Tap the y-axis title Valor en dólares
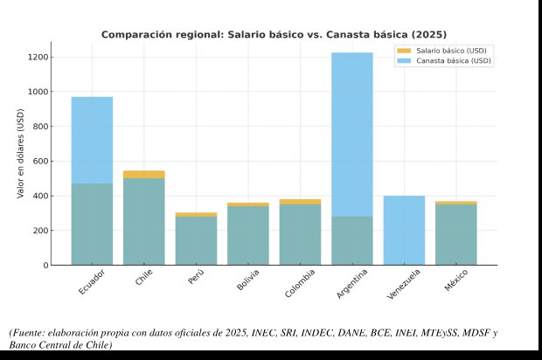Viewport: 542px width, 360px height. (x=20, y=153)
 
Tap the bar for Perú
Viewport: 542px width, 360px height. (x=196, y=240)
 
